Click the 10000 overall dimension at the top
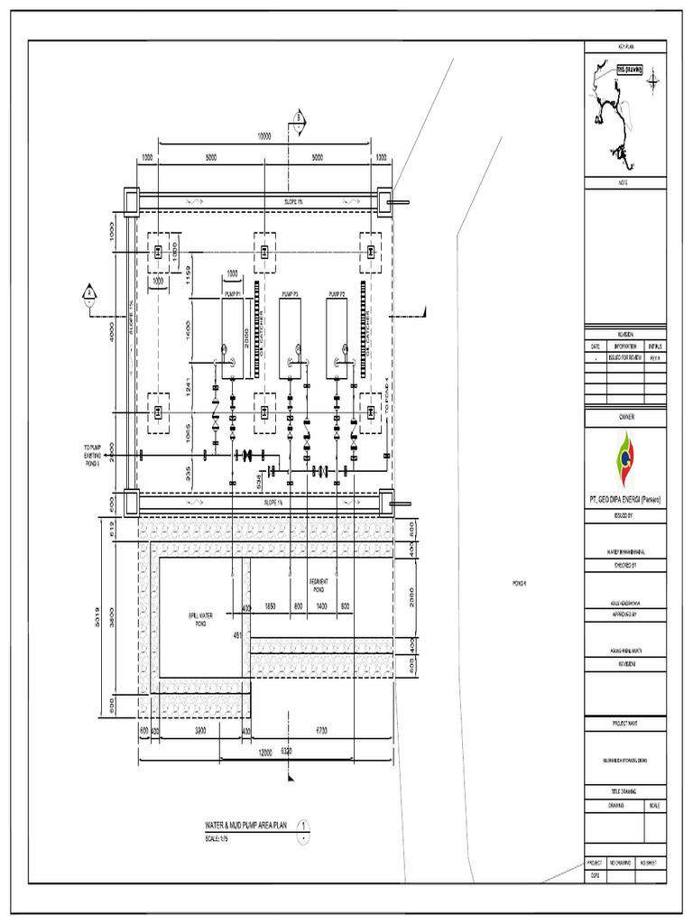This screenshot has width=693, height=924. [263, 137]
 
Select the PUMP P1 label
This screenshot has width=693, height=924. [233, 294]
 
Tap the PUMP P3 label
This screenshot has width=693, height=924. [289, 294]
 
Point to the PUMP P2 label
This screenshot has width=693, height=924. [337, 294]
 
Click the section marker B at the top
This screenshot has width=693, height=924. [297, 118]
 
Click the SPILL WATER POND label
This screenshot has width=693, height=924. [198, 618]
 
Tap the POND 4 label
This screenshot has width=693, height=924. [518, 583]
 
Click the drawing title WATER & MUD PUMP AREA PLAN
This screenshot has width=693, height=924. [250, 824]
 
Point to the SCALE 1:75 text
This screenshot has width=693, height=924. [219, 839]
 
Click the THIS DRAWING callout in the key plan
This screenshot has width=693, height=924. [629, 69]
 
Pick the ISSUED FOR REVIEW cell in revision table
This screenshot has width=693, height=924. [625, 356]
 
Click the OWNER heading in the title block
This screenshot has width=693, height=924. [625, 418]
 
